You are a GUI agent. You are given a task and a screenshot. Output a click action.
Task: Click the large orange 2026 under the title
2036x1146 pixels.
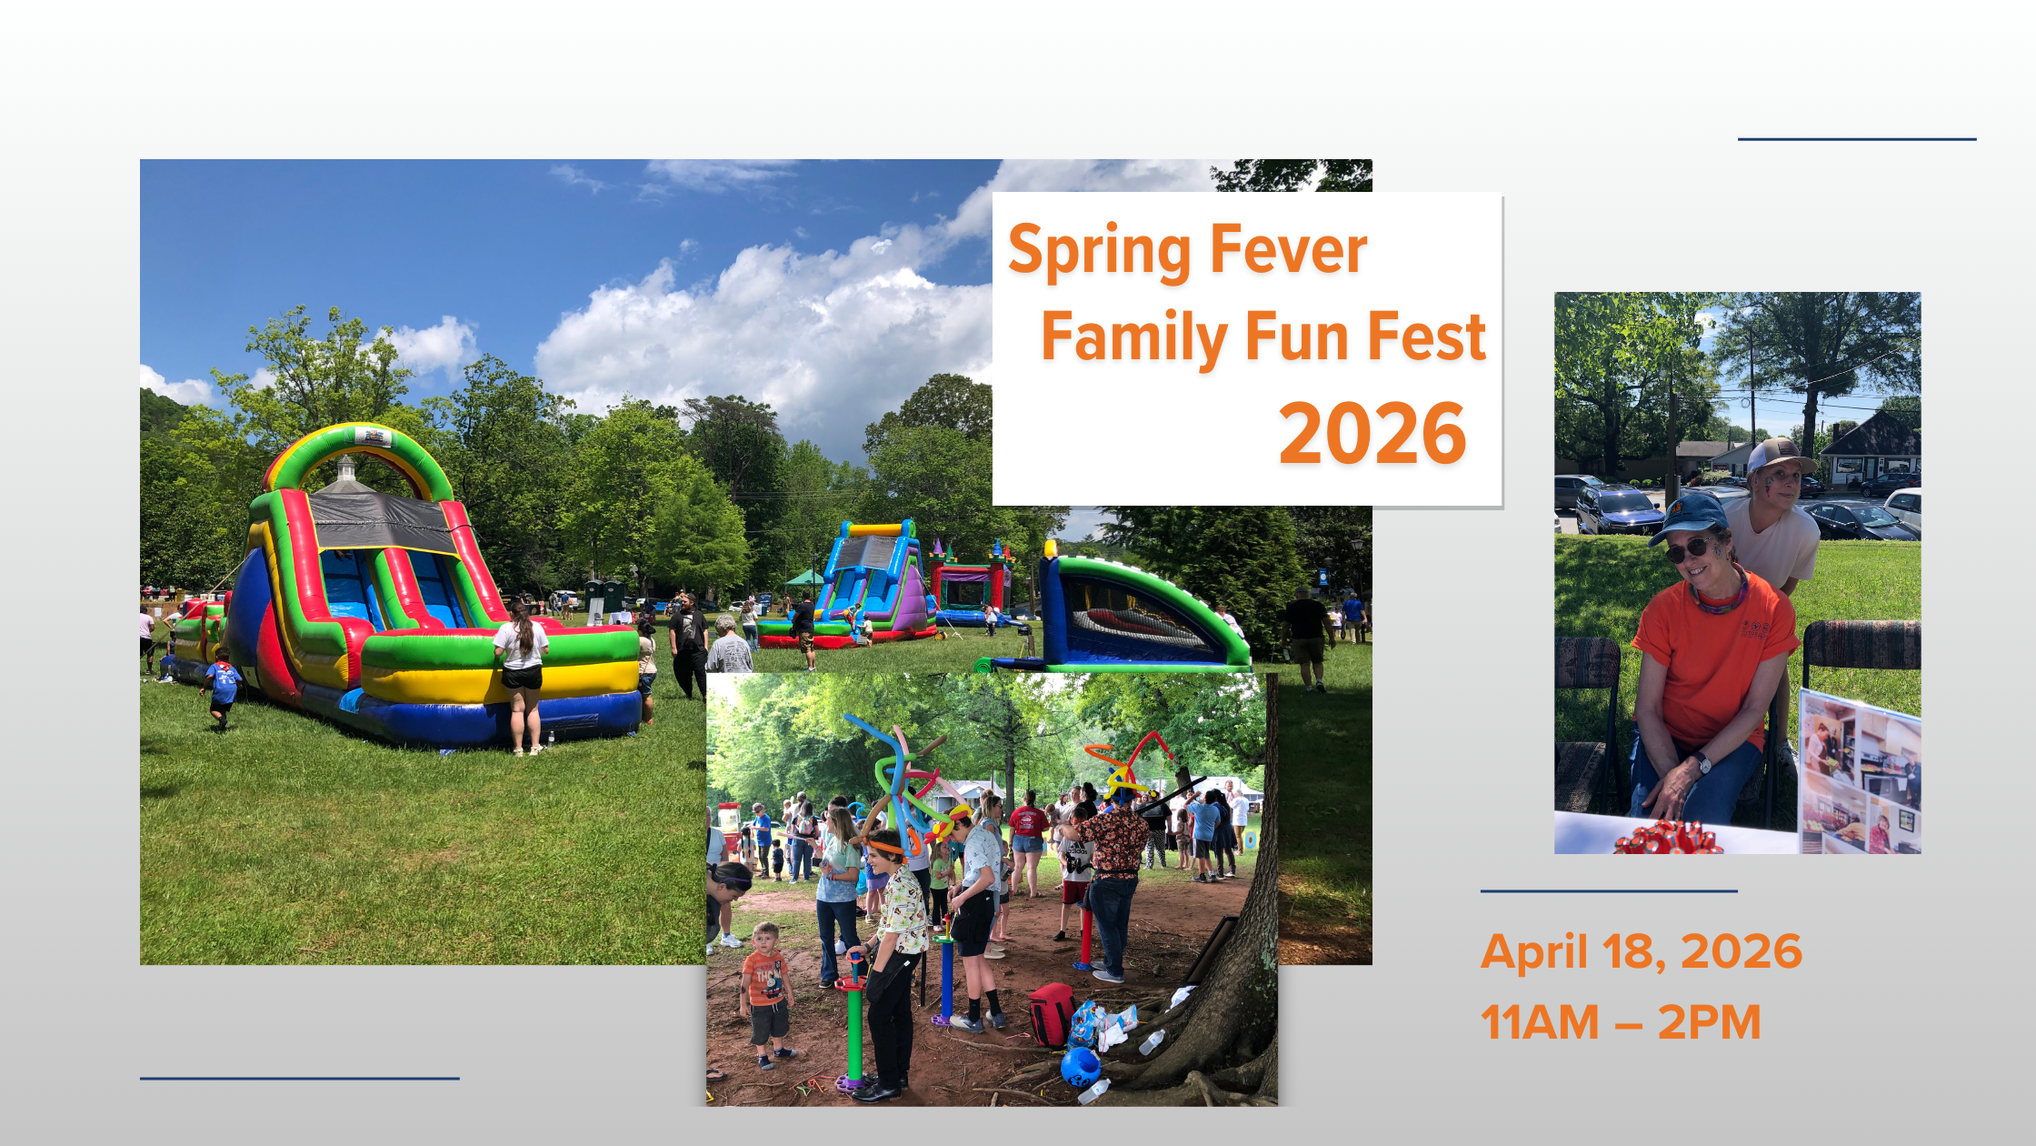[1372, 433]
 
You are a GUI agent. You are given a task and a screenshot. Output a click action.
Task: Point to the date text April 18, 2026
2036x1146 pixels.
[1642, 952]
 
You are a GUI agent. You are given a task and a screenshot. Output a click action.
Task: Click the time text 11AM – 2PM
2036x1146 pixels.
[1622, 1021]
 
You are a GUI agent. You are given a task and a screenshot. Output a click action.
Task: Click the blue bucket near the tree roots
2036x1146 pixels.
[1080, 1067]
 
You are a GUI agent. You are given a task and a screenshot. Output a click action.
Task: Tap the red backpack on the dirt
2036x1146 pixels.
[1052, 1014]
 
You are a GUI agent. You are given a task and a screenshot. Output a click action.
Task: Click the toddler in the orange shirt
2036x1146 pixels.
[766, 995]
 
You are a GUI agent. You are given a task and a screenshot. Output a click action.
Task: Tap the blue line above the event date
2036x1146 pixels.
[1609, 891]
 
